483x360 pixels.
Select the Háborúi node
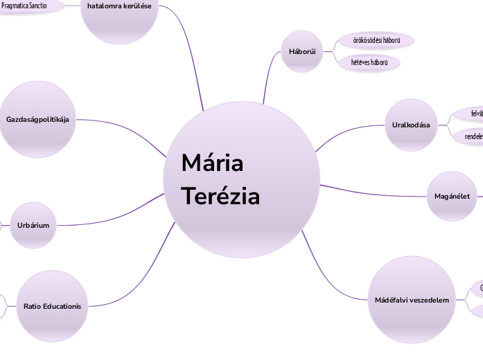pyautogui.click(x=301, y=52)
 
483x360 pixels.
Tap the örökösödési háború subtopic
pyautogui.click(x=376, y=40)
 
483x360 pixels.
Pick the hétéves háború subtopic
pyautogui.click(x=369, y=62)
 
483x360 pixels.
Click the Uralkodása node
pyautogui.click(x=410, y=125)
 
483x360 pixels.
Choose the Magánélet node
pyautogui.click(x=452, y=197)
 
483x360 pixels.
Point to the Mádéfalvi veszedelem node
pyautogui.click(x=407, y=300)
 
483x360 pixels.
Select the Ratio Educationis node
pyautogui.click(x=52, y=306)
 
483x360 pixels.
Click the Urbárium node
pyautogui.click(x=33, y=225)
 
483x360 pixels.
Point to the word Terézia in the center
pyautogui.click(x=220, y=197)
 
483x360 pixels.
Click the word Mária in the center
pyautogui.click(x=212, y=164)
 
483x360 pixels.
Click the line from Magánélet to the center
pyautogui.click(x=374, y=191)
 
